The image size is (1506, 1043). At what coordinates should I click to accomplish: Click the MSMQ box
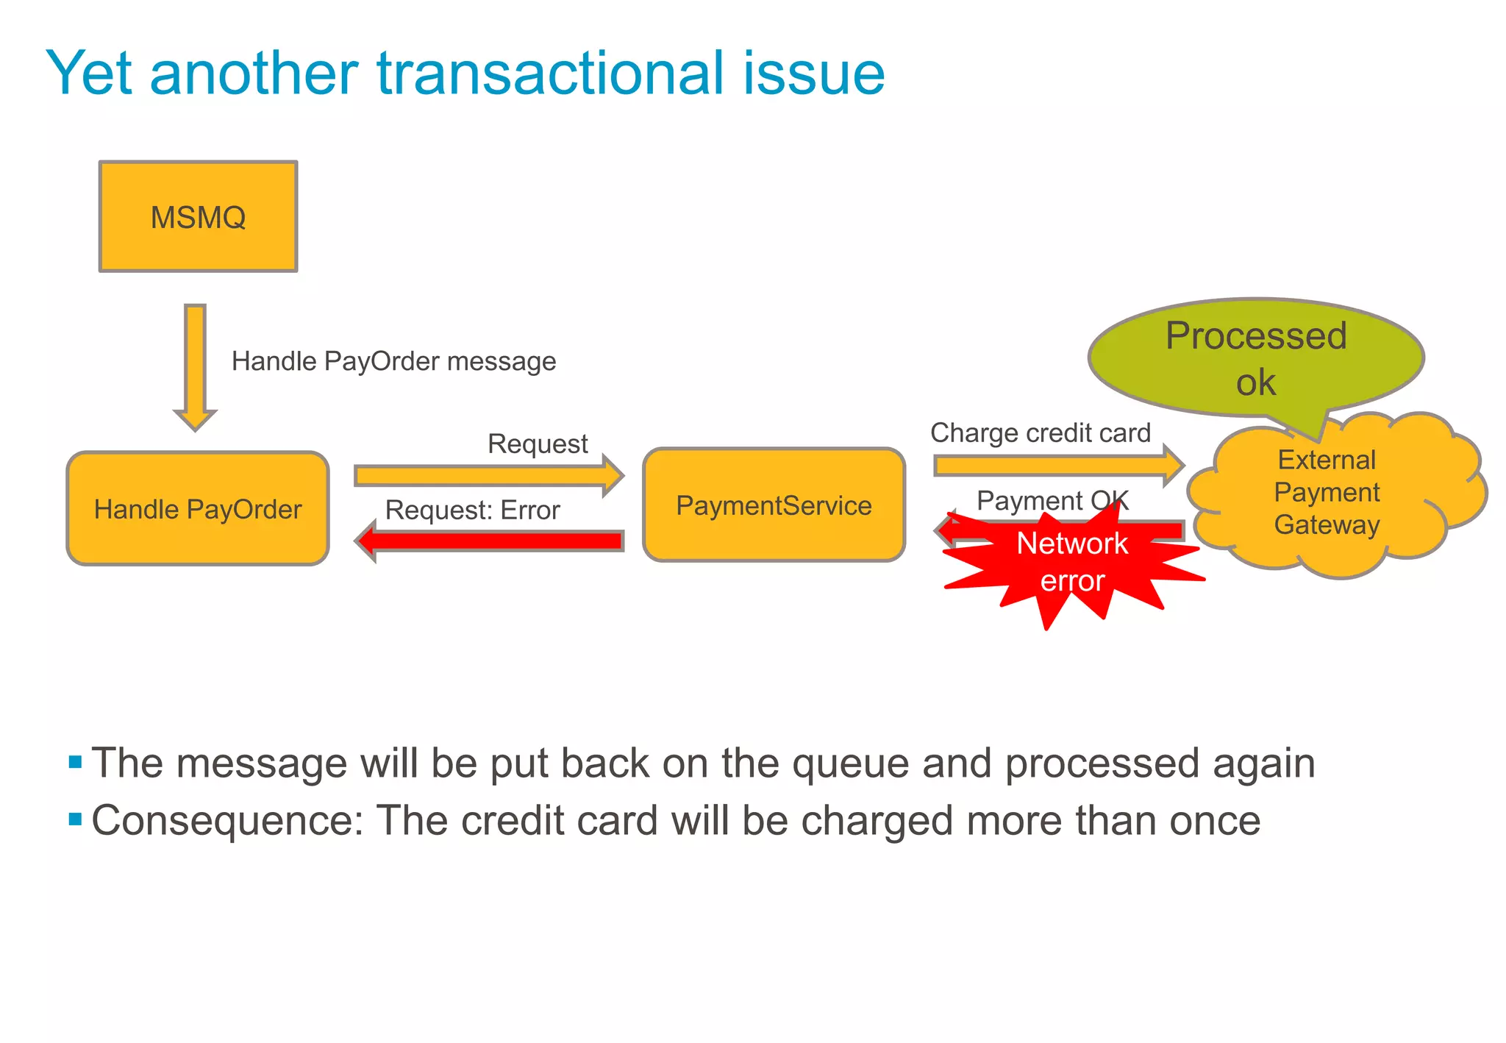click(198, 216)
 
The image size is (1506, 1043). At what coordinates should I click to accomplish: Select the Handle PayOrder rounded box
click(198, 508)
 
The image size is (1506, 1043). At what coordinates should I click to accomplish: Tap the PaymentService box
click(774, 505)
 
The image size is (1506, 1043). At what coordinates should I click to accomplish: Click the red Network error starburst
click(1072, 563)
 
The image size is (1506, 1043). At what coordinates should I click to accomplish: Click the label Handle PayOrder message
click(393, 361)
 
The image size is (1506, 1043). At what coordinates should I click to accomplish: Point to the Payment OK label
click(1052, 501)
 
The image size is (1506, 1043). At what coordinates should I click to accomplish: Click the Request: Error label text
click(472, 510)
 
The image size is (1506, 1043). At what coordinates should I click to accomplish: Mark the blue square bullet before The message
click(75, 761)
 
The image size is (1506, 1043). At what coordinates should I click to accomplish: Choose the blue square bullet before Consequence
click(75, 819)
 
